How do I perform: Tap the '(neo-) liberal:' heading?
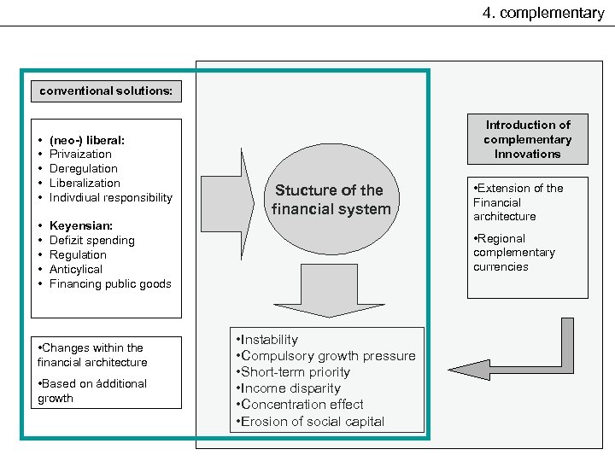[x=89, y=139]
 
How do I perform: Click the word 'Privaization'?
[x=80, y=154]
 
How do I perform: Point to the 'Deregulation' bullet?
[x=85, y=168]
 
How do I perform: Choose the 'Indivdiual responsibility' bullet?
[x=110, y=197]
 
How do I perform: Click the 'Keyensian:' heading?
[x=81, y=226]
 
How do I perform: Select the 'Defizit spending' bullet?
[x=91, y=241]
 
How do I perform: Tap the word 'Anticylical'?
[x=76, y=269]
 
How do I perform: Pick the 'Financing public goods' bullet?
[x=110, y=283]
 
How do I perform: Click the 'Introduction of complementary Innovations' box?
[x=527, y=139]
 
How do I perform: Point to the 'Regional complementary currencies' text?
[x=514, y=253]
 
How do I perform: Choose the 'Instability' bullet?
[x=269, y=340]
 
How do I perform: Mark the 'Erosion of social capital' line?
[x=313, y=421]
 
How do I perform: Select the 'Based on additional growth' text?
[x=92, y=391]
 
